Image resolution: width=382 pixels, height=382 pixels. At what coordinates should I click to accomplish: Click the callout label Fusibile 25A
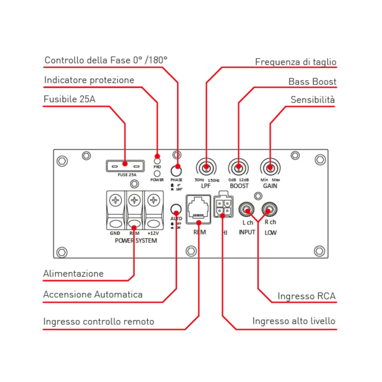70,99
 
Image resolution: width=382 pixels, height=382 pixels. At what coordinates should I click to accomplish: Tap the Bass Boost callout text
312,81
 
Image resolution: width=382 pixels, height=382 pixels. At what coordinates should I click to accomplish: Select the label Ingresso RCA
306,296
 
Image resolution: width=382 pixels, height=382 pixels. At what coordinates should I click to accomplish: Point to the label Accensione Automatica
93,295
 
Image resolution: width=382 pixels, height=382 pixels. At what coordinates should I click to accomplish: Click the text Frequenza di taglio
296,62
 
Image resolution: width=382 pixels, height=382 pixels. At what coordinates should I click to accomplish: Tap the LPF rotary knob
206,167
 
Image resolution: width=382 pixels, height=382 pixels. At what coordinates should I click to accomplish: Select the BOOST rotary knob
238,167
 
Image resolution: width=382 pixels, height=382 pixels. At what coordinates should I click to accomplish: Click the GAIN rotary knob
270,167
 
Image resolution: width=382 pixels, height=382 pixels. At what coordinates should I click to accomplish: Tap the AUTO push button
176,209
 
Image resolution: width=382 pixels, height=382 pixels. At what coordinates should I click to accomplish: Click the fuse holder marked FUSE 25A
125,165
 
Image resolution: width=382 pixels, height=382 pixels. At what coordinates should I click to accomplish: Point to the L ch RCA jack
247,210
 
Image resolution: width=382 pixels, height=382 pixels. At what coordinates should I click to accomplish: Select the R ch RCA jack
269,210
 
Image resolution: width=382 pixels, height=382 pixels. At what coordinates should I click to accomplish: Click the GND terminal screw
115,200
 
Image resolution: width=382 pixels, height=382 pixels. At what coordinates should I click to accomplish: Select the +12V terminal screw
153,200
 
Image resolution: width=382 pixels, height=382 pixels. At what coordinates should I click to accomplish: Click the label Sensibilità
312,100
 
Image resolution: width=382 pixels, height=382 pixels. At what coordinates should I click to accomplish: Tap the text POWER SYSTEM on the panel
136,241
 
